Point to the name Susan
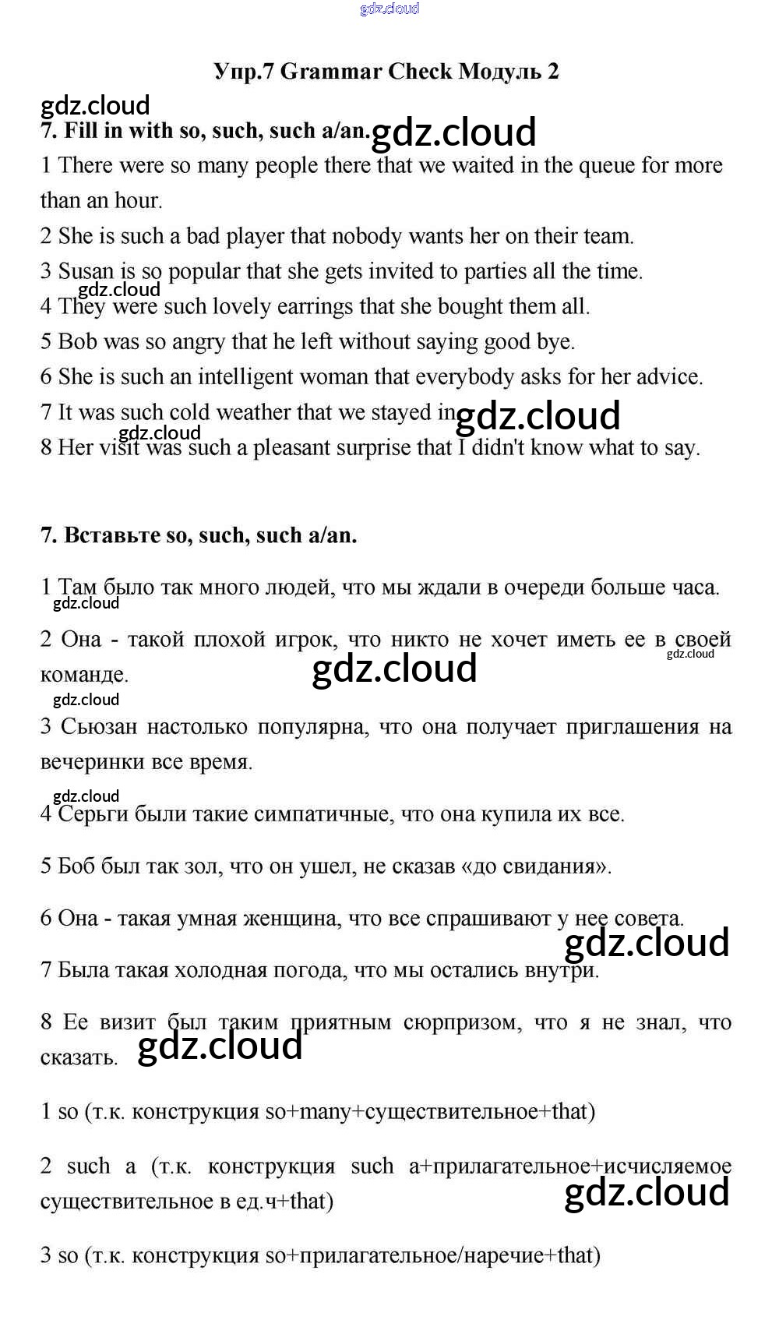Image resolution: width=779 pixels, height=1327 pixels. pos(87,271)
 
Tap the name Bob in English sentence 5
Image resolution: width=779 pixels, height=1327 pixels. pos(77,341)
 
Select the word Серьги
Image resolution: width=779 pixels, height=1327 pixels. pos(93,814)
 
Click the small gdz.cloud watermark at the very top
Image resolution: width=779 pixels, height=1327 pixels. pos(389,9)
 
